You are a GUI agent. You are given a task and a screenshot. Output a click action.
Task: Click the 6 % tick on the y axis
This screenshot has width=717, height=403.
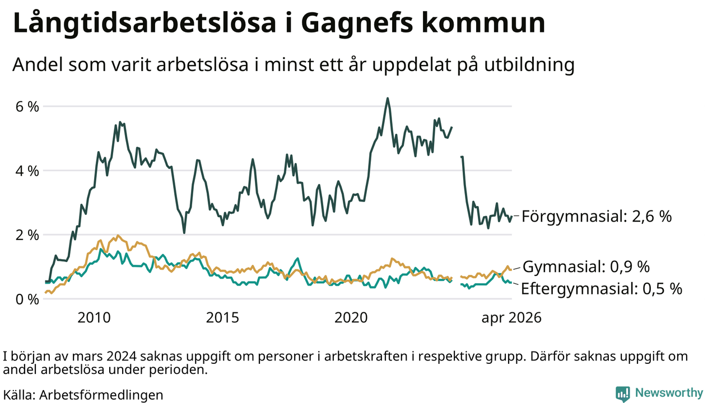27,106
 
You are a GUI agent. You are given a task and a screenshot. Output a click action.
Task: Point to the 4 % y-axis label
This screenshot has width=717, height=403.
27,171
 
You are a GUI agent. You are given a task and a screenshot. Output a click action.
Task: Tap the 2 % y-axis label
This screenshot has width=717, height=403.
27,236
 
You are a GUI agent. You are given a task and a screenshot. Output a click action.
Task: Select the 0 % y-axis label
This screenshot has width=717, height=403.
27,299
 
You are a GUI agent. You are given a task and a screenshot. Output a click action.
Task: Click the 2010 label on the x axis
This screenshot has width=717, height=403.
94,317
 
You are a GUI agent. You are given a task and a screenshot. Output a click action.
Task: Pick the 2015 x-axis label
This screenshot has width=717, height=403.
222,317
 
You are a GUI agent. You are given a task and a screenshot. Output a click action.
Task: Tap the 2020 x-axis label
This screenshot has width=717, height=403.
351,317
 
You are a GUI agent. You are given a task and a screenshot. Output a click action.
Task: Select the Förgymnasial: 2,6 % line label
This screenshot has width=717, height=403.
597,217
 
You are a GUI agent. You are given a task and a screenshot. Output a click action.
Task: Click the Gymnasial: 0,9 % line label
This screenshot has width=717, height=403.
586,267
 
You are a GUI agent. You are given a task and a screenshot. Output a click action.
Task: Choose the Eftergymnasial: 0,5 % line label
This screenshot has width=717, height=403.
602,289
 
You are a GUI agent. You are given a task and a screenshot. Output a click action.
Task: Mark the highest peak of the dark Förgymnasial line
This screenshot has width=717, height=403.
387,99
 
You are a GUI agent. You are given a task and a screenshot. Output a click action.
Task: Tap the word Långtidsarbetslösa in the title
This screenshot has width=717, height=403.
145,22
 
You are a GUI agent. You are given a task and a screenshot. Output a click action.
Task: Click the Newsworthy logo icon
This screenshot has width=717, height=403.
622,393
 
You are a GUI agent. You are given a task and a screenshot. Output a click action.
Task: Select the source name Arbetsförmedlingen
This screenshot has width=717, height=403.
101,395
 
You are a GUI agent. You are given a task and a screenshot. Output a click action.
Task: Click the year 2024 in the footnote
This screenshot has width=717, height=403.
122,357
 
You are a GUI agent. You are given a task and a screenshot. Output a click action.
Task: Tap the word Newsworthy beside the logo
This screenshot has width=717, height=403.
669,393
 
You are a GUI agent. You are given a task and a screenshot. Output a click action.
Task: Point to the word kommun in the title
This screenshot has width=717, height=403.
483,23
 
